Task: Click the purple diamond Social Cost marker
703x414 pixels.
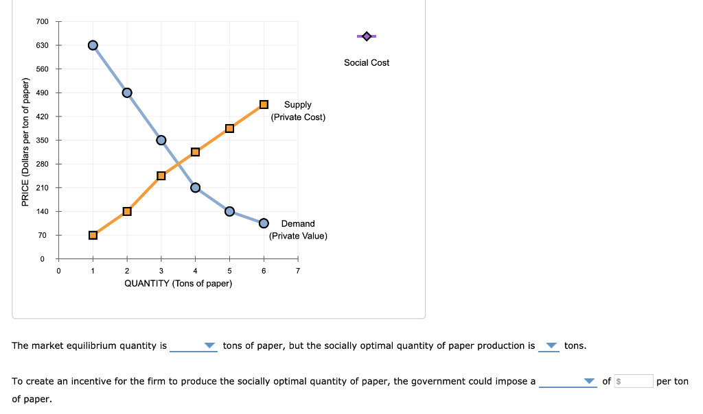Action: point(366,36)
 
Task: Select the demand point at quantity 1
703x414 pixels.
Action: point(93,45)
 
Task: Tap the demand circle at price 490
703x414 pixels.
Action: point(127,93)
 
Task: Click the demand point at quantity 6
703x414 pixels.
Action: point(264,223)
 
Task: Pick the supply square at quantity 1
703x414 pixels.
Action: point(93,235)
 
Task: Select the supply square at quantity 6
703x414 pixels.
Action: point(264,104)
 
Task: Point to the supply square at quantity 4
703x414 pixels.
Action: point(195,151)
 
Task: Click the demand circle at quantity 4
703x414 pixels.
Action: point(195,188)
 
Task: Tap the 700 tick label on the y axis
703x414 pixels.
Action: point(43,22)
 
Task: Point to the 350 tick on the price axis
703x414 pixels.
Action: point(43,141)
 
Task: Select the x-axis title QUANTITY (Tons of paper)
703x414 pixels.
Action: point(178,284)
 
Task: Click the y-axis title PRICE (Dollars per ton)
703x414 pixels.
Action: point(25,143)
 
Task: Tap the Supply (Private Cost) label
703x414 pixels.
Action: point(298,111)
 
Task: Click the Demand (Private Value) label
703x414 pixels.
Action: point(298,230)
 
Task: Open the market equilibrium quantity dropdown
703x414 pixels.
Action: point(194,346)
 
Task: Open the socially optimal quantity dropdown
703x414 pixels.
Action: point(549,346)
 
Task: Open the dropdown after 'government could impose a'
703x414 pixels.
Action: point(568,382)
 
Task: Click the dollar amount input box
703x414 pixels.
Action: point(633,381)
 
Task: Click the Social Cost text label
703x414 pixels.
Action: point(367,62)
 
